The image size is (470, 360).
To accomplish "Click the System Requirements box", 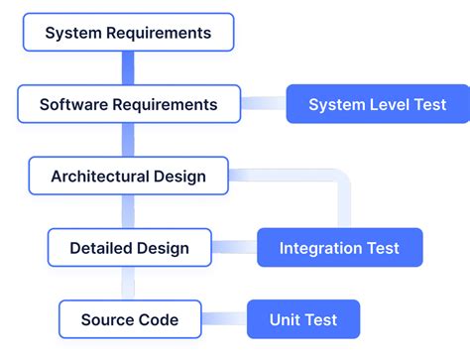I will pos(128,33).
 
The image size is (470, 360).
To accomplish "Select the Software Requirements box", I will pos(128,104).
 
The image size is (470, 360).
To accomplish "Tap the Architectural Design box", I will pos(128,177).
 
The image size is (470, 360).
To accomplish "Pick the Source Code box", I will pos(130,319).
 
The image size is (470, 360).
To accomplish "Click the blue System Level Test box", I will pos(377,104).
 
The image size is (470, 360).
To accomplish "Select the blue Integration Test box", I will pos(339,248).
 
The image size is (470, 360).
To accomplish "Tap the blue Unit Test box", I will pos(302,319).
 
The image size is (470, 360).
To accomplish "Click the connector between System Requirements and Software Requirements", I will pos(128,68).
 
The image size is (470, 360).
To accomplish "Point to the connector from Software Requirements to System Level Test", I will pos(264,103).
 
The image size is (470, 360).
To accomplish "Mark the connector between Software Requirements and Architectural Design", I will pos(128,140).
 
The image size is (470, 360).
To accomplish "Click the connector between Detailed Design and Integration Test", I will pos(236,248).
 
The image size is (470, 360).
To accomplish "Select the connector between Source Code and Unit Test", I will pos(224,319).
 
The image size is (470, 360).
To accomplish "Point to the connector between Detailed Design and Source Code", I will pos(128,284).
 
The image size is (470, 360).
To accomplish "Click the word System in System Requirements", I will pos(71,33).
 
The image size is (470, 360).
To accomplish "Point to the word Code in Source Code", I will pos(159,319).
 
